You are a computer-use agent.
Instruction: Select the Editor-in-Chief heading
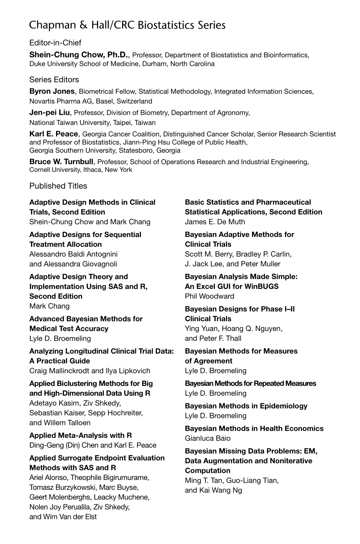point(55,43)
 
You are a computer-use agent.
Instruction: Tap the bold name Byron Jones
point(52,91)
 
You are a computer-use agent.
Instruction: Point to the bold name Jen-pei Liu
point(50,113)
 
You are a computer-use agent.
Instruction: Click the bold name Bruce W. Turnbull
point(61,162)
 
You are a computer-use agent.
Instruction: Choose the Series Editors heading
point(54,80)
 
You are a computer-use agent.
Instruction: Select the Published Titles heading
point(58,186)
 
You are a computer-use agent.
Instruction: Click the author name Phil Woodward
point(210,296)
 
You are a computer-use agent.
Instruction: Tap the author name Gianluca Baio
point(208,438)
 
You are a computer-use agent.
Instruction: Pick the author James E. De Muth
point(215,222)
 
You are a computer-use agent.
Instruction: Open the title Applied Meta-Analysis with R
point(81,435)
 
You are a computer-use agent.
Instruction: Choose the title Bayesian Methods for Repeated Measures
point(250,383)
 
